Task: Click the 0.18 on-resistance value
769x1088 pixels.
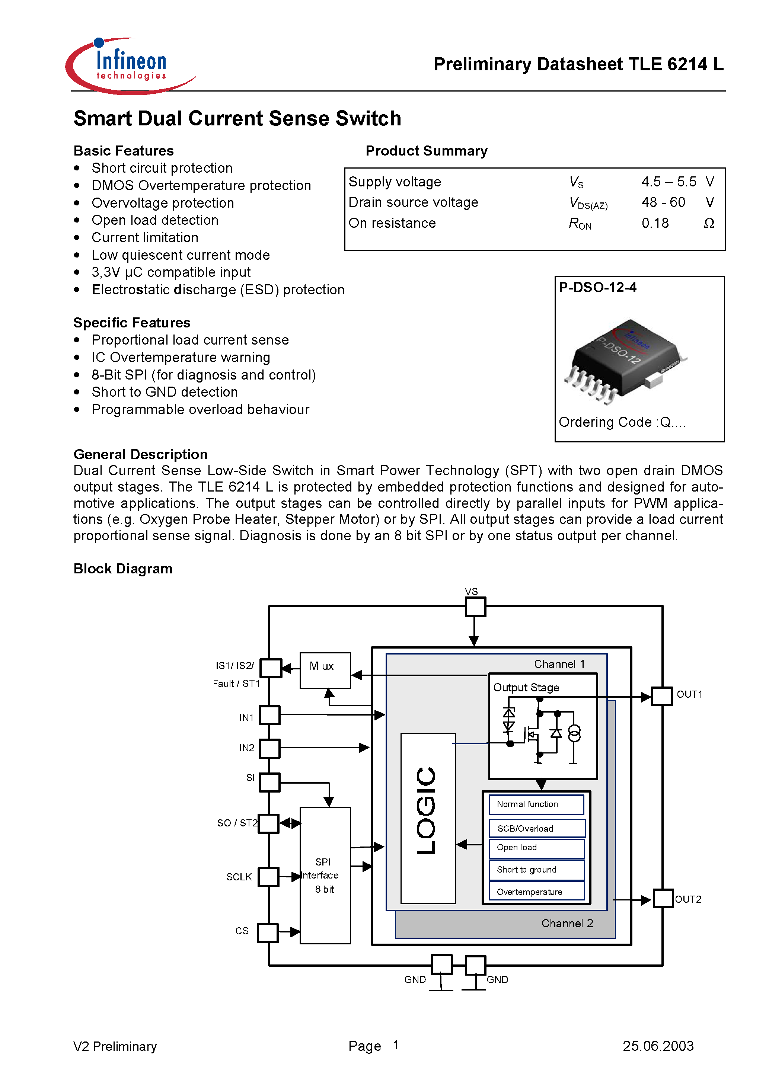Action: point(655,223)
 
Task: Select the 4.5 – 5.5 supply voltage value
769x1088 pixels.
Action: point(669,182)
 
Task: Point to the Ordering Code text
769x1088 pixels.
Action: point(622,422)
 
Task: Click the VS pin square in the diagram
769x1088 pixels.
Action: point(475,607)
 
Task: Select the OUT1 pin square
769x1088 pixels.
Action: point(661,696)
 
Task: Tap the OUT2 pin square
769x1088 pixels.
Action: point(663,899)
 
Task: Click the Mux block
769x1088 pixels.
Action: point(325,670)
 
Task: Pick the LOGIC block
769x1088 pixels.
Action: point(428,818)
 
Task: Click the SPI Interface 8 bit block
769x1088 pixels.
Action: point(325,875)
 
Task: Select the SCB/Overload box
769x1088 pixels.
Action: point(536,828)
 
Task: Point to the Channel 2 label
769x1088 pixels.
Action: point(567,923)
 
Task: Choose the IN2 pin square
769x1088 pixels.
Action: point(269,748)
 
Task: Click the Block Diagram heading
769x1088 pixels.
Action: point(123,569)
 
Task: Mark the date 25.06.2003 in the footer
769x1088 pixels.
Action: point(658,1046)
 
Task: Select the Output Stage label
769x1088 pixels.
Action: point(526,688)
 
